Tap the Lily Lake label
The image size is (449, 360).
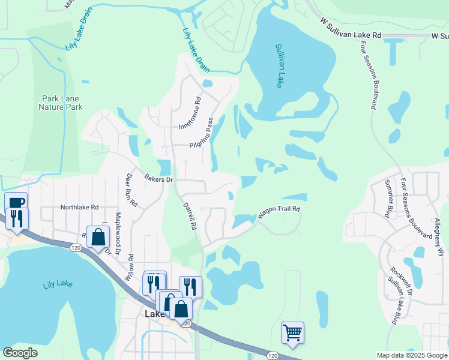click(x=58, y=284)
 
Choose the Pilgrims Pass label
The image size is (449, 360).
click(x=202, y=134)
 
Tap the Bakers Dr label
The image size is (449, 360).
click(x=158, y=179)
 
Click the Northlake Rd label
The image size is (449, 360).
click(x=79, y=207)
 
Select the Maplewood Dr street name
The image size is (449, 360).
click(x=118, y=233)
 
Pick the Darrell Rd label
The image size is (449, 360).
click(x=189, y=215)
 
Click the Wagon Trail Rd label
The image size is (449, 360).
click(x=279, y=212)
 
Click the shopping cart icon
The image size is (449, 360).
click(x=292, y=332)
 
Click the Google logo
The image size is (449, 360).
click(x=20, y=353)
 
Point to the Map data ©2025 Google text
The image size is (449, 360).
click(x=411, y=355)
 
